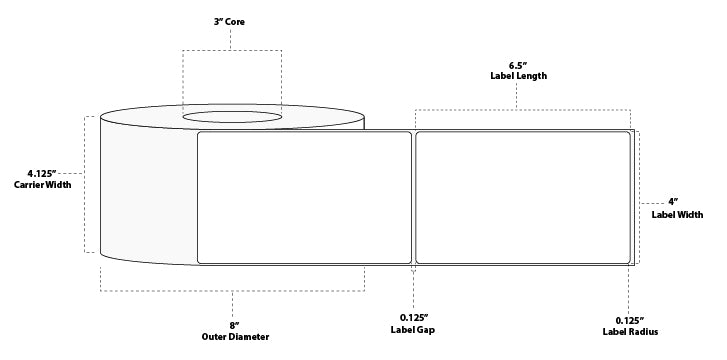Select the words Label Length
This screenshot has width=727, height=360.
pyautogui.click(x=516, y=75)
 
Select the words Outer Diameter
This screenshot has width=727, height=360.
pyautogui.click(x=234, y=336)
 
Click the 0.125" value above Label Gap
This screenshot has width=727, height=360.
pyautogui.click(x=413, y=317)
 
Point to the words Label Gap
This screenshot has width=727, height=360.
pyautogui.click(x=413, y=330)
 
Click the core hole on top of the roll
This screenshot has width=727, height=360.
pyautogui.click(x=232, y=118)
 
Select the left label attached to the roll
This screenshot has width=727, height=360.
pyautogui.click(x=305, y=197)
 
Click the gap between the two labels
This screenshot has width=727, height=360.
pyautogui.click(x=413, y=197)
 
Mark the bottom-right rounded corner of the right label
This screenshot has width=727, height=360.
pyautogui.click(x=627, y=259)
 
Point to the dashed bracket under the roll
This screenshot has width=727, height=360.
pyautogui.click(x=232, y=291)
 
